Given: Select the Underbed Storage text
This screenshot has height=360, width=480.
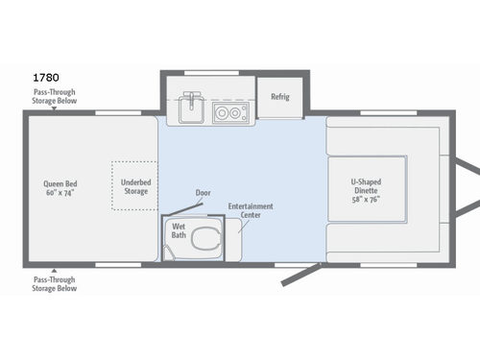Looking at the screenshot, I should point(134,186).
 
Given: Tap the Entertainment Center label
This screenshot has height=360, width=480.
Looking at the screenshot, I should point(251,210).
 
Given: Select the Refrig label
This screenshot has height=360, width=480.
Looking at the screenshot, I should point(280,97).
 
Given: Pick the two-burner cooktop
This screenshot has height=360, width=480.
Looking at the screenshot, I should point(229,111).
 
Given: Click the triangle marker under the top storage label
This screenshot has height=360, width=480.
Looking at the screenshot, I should point(54,108).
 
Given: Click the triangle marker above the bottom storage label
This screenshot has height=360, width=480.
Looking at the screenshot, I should point(54,270).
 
